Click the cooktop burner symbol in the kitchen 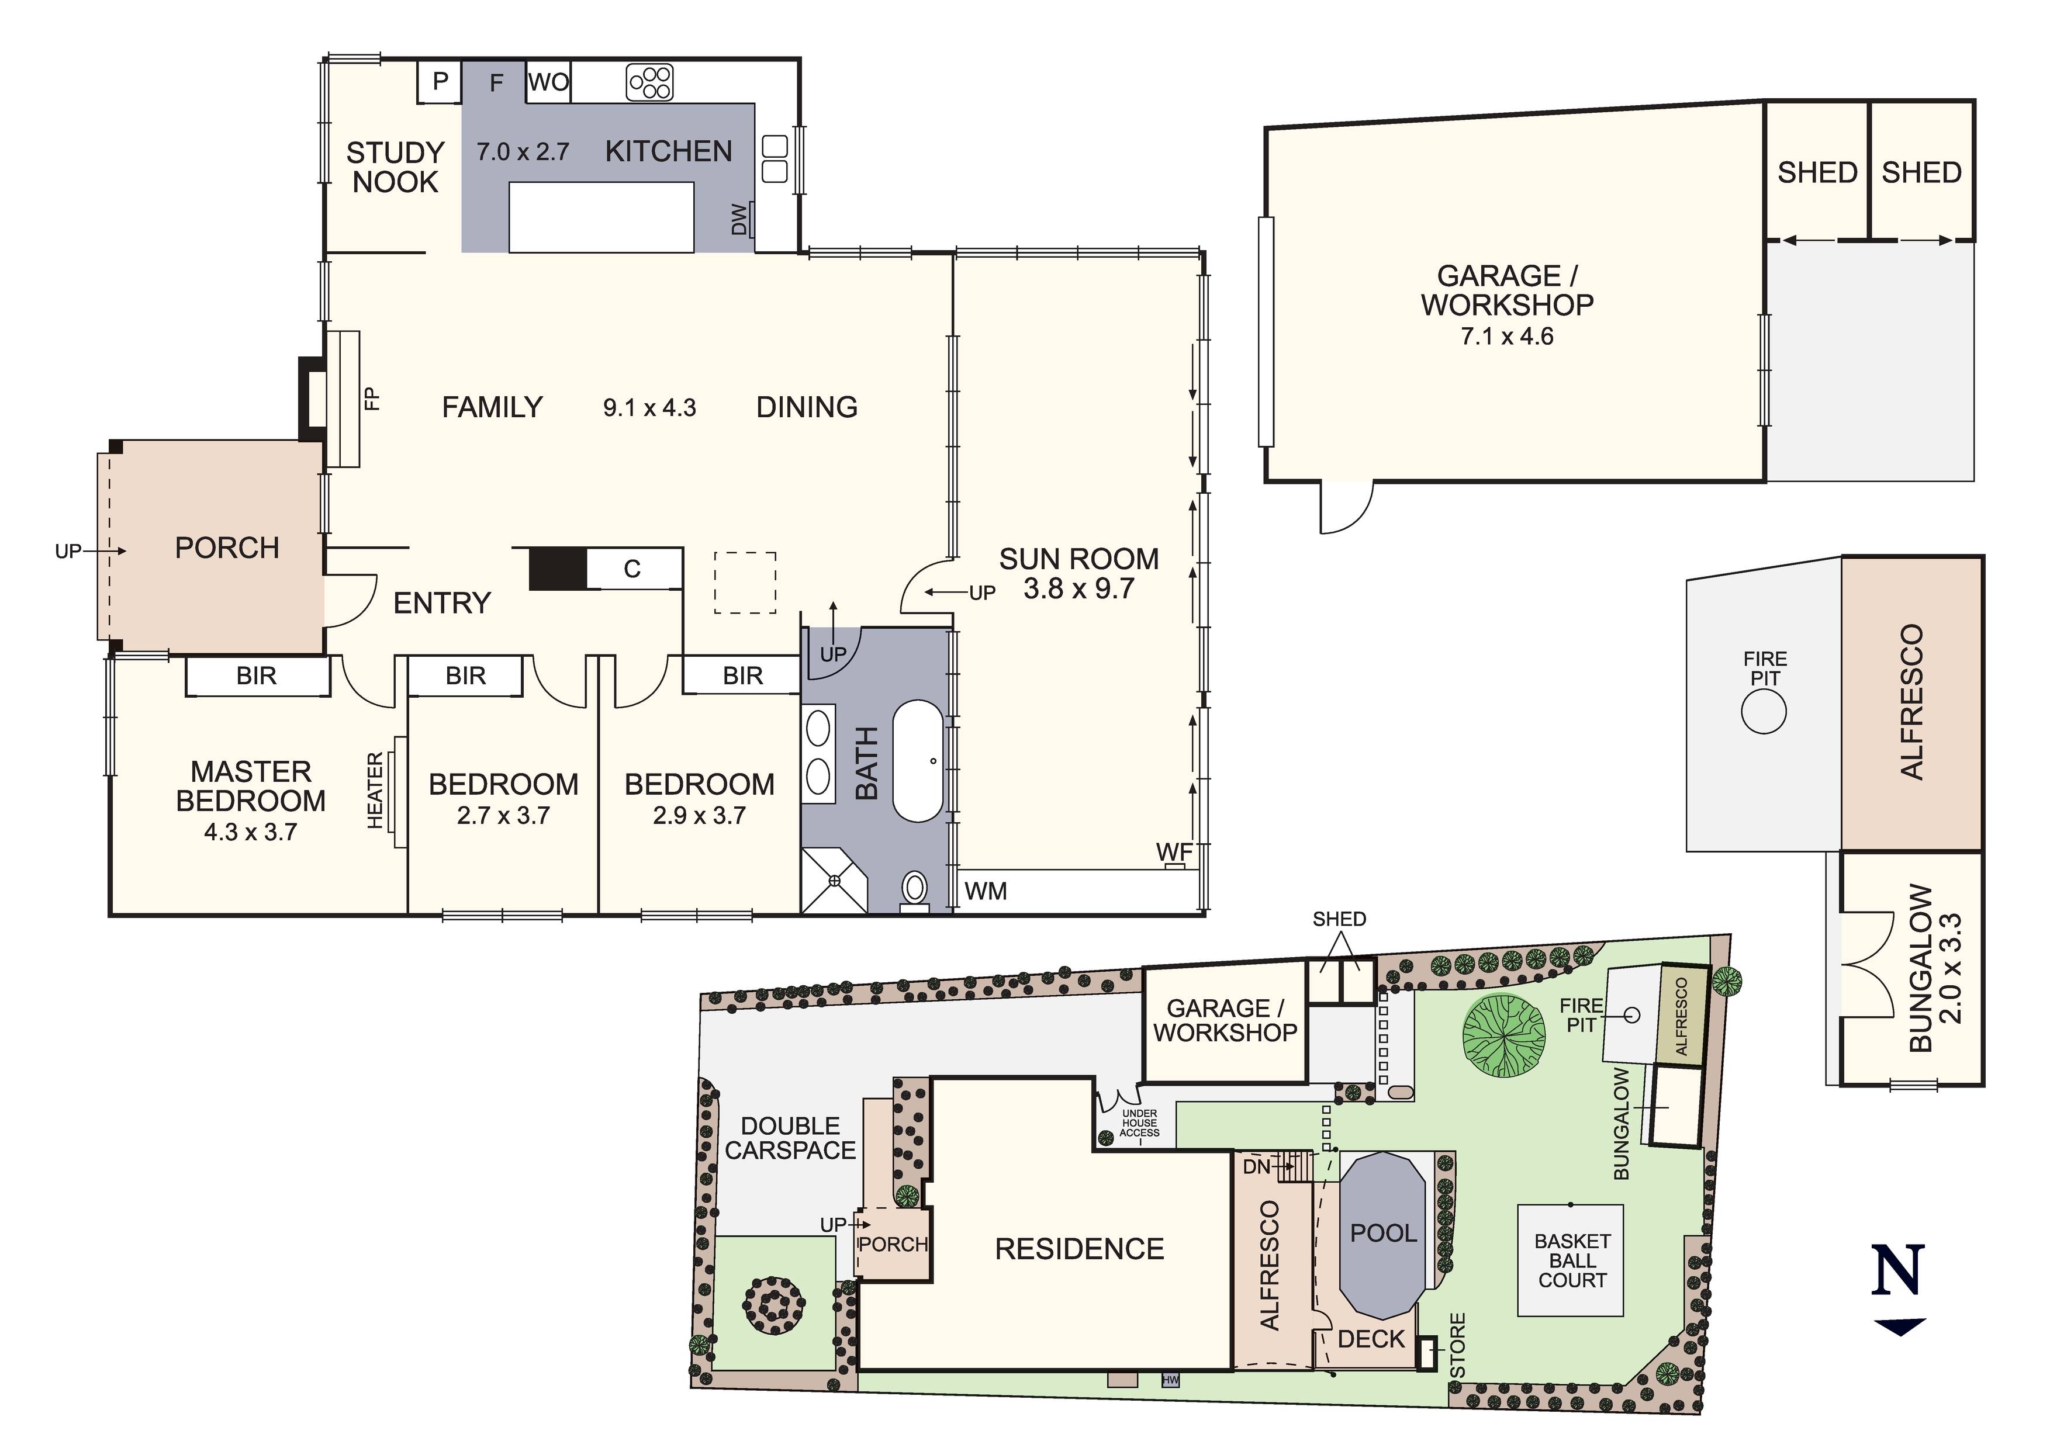pyautogui.click(x=650, y=83)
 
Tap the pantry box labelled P pyautogui.click(x=440, y=82)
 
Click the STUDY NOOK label pyautogui.click(x=395, y=167)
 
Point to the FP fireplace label pyautogui.click(x=372, y=398)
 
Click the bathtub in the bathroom pyautogui.click(x=918, y=761)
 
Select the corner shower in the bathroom pyautogui.click(x=834, y=880)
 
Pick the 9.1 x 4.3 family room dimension pyautogui.click(x=649, y=408)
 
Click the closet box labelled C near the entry pyautogui.click(x=632, y=569)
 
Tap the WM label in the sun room pyautogui.click(x=986, y=891)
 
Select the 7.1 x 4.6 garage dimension pyautogui.click(x=1506, y=337)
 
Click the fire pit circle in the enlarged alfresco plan pyautogui.click(x=1764, y=712)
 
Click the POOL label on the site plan pyautogui.click(x=1383, y=1233)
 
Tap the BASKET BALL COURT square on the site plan pyautogui.click(x=1571, y=1260)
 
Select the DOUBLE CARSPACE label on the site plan pyautogui.click(x=790, y=1138)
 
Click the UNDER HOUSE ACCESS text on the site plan pyautogui.click(x=1139, y=1123)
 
